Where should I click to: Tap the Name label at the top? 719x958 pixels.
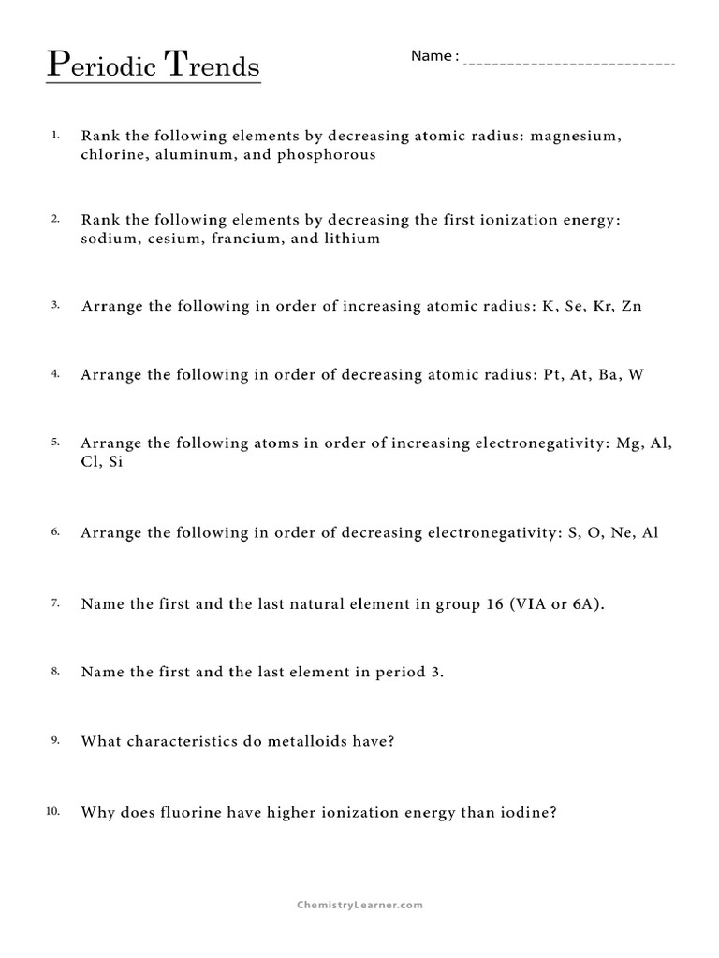(432, 56)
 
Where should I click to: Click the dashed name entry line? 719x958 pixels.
(569, 64)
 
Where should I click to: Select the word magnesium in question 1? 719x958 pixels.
(574, 136)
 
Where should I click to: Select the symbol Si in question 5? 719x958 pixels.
(115, 462)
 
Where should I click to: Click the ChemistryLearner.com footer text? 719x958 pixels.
(359, 905)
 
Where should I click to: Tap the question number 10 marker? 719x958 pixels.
(52, 810)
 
